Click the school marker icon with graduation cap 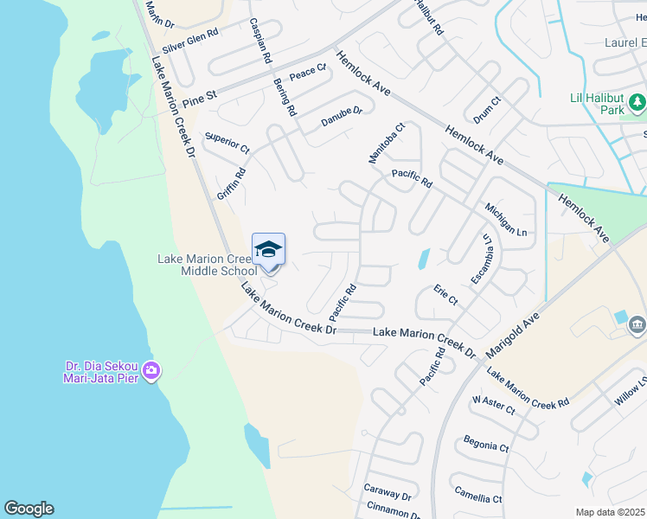point(268,250)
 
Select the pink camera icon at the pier point(151,371)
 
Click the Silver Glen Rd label point(191,40)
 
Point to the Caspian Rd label point(260,41)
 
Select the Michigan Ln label point(505,221)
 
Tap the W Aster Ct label point(493,405)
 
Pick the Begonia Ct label point(485,442)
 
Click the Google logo point(29,509)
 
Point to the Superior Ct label point(226,143)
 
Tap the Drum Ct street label point(488,111)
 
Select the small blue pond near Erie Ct point(424,259)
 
